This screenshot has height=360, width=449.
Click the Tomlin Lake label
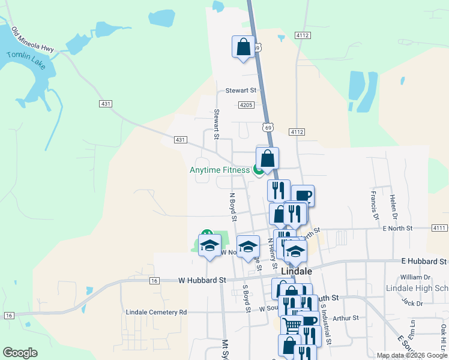(26, 59)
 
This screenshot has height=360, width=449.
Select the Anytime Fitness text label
(220, 170)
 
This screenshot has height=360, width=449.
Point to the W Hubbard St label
(202, 280)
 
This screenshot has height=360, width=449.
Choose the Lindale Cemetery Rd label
(157, 312)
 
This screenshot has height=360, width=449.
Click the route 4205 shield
(246, 105)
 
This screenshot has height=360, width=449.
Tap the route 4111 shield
(439, 228)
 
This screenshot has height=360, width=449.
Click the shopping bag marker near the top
(243, 47)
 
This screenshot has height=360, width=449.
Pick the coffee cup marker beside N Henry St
(303, 195)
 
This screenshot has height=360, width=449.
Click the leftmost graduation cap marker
(210, 246)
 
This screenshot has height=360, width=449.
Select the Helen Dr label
(394, 205)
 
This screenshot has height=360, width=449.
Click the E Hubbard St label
(424, 262)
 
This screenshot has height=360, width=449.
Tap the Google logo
(20, 353)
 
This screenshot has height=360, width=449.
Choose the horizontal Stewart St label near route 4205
(241, 91)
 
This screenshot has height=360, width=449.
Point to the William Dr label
(415, 277)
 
